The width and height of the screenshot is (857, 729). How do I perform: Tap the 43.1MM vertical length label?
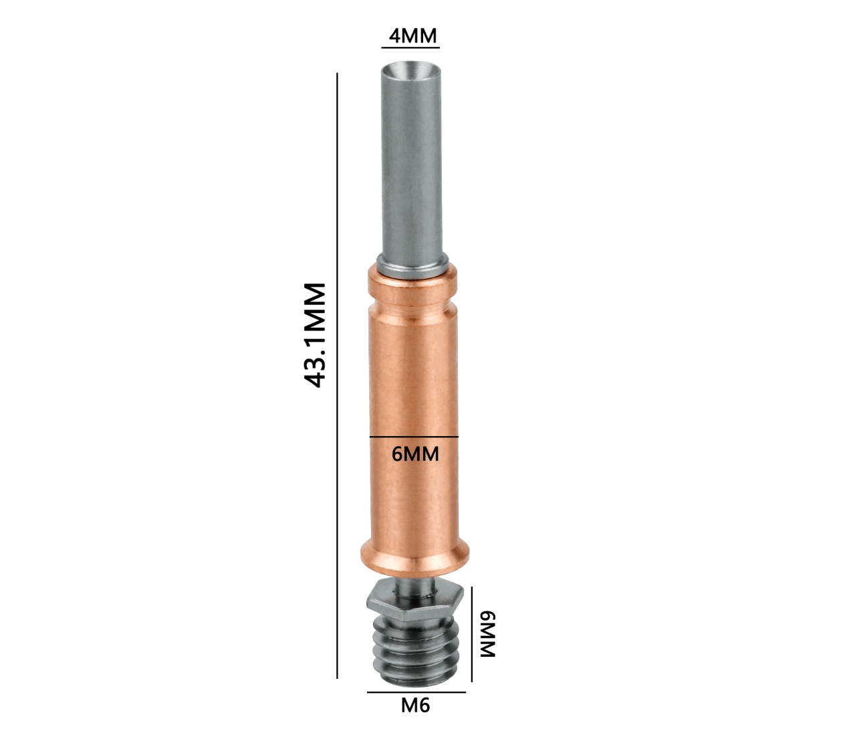tap(315, 335)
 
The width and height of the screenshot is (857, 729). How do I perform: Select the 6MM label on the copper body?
tap(415, 455)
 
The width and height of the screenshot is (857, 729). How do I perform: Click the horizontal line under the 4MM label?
tap(410, 47)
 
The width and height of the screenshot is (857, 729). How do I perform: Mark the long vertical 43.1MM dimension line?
tap(338, 376)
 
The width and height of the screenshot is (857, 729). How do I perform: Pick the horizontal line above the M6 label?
tap(416, 692)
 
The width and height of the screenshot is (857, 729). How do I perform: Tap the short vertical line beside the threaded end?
tap(472, 633)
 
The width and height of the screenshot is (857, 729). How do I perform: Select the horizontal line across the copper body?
tap(414, 437)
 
